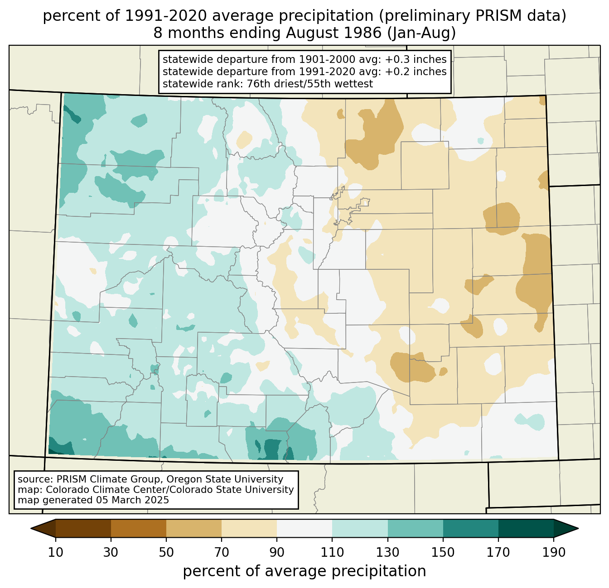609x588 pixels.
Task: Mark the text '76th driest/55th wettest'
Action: click(x=310, y=84)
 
